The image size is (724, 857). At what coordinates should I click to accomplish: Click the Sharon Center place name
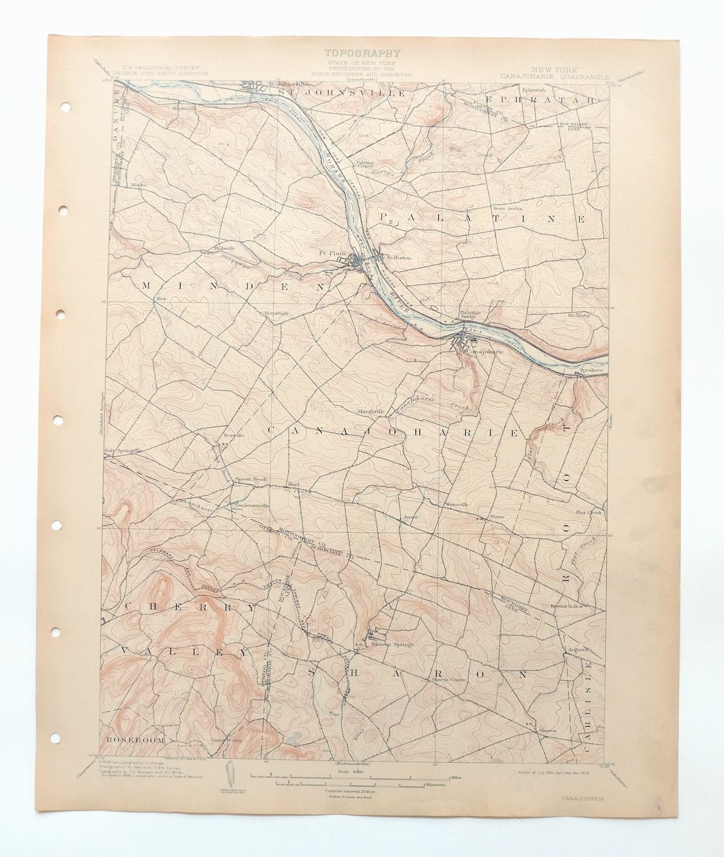[449, 679]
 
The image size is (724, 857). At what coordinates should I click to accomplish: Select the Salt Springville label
[122, 450]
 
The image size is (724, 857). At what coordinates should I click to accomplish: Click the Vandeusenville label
[250, 505]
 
